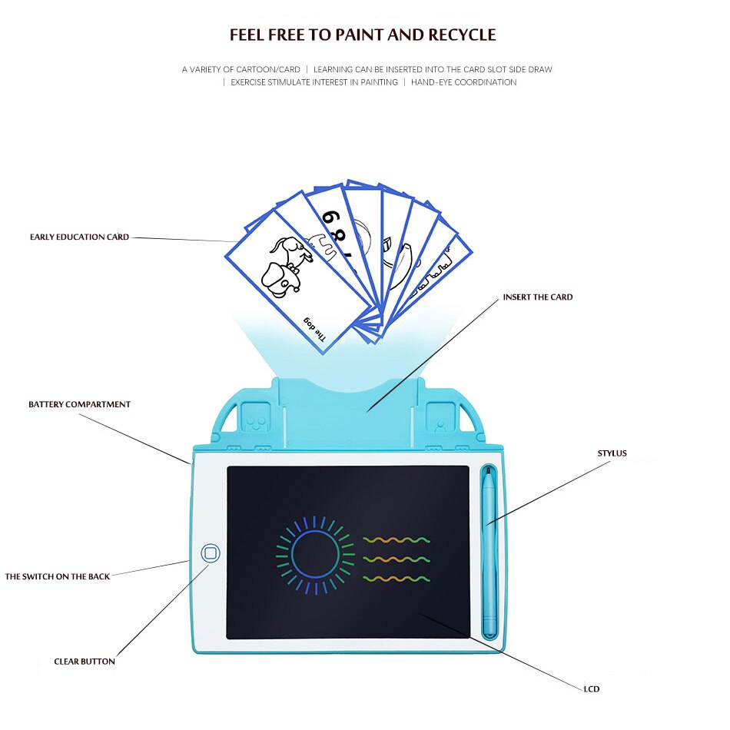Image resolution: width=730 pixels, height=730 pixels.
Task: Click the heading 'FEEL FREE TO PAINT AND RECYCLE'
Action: [x=363, y=35]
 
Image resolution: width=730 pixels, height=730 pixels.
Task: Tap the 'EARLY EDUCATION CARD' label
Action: [x=79, y=237]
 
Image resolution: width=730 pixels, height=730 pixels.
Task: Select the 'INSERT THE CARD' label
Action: [x=537, y=297]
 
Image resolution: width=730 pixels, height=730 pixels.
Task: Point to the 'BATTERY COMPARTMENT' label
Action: [x=79, y=405]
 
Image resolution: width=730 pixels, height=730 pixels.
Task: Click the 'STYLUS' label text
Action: [x=612, y=453]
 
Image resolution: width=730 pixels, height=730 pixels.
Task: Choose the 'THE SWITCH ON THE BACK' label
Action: [x=58, y=576]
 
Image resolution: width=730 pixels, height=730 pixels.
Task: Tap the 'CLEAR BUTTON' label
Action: [x=85, y=662]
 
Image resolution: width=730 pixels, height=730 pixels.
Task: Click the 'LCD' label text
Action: [x=591, y=689]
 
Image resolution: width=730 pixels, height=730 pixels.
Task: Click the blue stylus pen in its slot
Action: [x=489, y=553]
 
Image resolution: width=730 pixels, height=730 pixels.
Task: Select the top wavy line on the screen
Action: [x=397, y=540]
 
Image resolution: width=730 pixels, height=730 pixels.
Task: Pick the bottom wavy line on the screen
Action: [x=397, y=579]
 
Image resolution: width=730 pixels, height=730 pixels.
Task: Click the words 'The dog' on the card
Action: [x=312, y=328]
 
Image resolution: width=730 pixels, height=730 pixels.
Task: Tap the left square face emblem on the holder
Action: [x=256, y=418]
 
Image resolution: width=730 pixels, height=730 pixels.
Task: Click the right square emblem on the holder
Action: [x=439, y=418]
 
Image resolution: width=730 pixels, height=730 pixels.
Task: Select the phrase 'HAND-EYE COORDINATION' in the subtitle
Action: [x=463, y=82]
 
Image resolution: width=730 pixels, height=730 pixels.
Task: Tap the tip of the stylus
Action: [x=487, y=472]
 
